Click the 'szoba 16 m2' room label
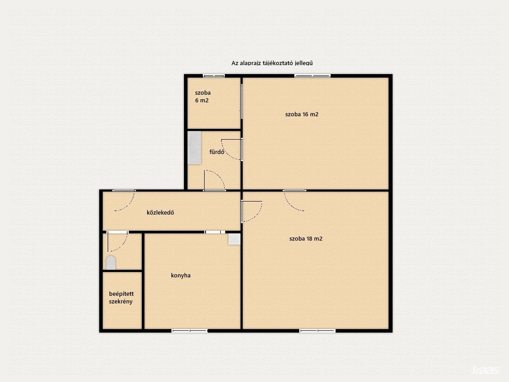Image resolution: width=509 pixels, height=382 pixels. coord(302,114)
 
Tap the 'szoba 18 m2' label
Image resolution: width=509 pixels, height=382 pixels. coord(306,239)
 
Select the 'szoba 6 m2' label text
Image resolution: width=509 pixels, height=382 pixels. coord(203,96)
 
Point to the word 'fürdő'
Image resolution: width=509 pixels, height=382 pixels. coord(217,152)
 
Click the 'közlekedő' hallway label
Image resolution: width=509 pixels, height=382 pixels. coord(161,212)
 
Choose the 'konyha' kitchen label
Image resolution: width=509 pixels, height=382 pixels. coord(181,276)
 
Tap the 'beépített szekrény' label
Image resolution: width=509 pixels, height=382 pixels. coord(121,297)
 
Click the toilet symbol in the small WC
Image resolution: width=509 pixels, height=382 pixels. coord(111,263)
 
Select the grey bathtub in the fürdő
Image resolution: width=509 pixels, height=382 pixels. coord(194,147)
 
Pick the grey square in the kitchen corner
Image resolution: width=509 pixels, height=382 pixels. coord(234,239)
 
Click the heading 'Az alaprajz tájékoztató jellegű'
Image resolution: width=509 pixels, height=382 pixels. coord(272,63)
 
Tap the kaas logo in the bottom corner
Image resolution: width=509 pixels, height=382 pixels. coord(486,370)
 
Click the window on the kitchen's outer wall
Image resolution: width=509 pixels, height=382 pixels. coord(189,331)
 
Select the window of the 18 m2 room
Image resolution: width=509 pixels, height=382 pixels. coord(318,331)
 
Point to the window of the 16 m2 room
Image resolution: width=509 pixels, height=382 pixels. coord(312,76)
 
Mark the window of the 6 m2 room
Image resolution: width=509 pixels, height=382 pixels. coord(214,76)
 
